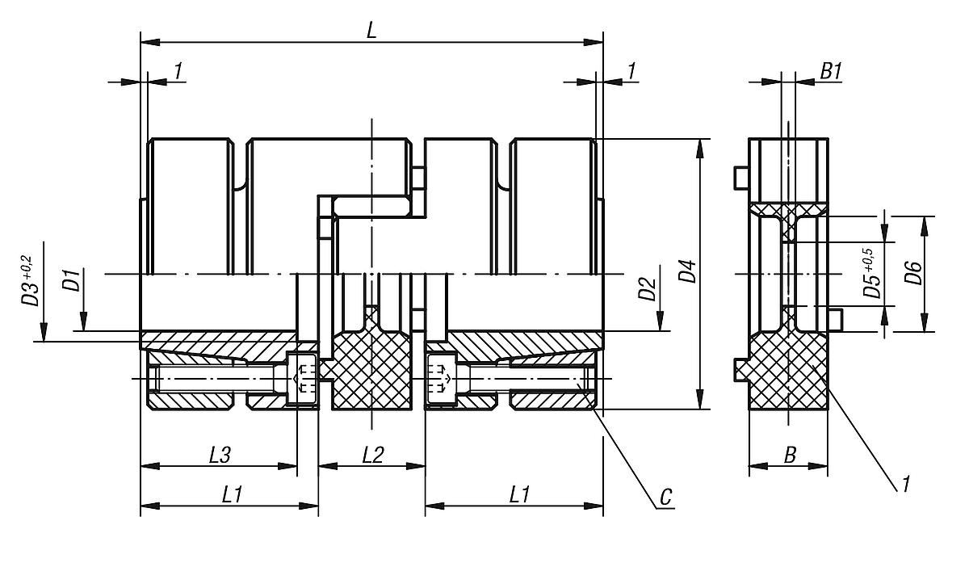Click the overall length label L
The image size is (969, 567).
[x=371, y=30]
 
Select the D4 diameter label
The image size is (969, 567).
[x=686, y=272]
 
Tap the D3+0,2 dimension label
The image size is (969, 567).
[x=28, y=280]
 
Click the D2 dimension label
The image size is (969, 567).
[x=646, y=288]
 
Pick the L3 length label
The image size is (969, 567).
[x=220, y=455]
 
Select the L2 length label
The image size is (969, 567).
[x=372, y=455]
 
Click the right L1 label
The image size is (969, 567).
[x=519, y=495]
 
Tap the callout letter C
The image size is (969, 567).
[x=665, y=497]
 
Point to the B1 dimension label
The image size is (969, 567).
[x=831, y=71]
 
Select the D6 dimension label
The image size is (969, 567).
[x=913, y=274]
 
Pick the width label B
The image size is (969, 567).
[x=790, y=455]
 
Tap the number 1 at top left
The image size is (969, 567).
[x=178, y=71]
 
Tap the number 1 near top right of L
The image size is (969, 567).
[x=631, y=71]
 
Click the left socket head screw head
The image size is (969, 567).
[x=305, y=378]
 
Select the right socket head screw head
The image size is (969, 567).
[x=438, y=378]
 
